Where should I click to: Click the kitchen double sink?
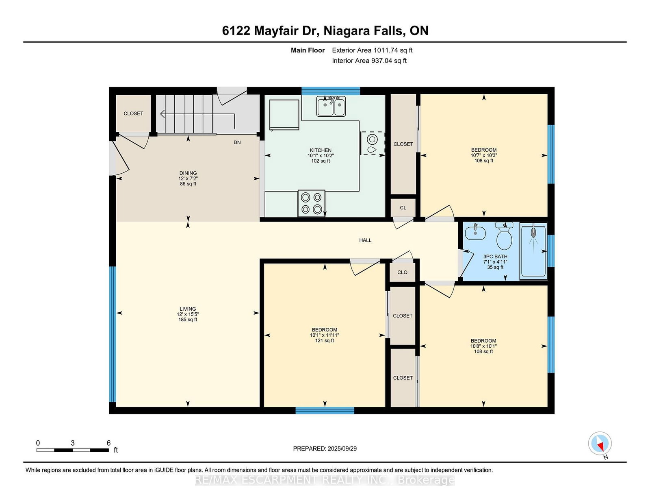point(331,107)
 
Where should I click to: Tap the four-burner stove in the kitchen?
point(311,203)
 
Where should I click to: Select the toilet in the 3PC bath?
point(504,237)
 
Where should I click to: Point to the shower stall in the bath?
point(533,250)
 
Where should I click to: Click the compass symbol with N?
point(600,444)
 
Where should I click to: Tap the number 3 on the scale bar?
point(72,443)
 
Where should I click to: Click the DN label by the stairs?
point(237,142)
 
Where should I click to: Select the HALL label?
point(365,240)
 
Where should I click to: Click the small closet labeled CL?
point(403,208)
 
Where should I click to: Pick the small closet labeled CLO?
point(402,272)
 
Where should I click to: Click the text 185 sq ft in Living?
point(188,320)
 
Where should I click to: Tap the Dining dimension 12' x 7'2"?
point(188,179)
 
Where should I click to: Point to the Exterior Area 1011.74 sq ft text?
point(372,50)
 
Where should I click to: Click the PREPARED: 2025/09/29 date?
point(325,449)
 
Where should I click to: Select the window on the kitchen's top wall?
point(331,91)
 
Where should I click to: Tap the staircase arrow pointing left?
point(163,114)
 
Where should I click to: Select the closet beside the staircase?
point(133,113)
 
